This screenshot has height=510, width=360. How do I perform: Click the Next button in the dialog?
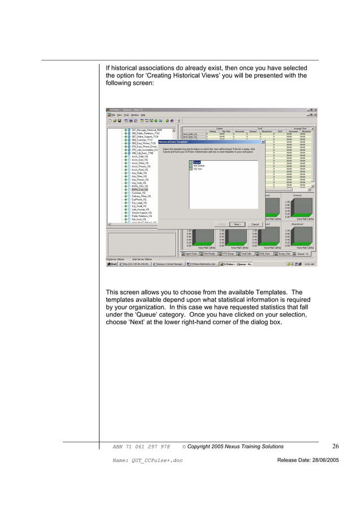click(x=238, y=224)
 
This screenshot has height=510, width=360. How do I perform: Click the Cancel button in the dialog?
click(x=254, y=224)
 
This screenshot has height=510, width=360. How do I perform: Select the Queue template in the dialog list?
click(x=197, y=162)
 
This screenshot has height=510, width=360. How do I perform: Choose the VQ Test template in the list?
click(x=198, y=169)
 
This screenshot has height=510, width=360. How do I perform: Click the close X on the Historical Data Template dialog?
click(x=263, y=142)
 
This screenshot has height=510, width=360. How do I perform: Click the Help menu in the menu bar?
click(x=144, y=115)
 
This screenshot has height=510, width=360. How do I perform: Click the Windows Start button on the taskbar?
click(x=113, y=263)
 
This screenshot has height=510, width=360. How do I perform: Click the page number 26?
click(x=335, y=447)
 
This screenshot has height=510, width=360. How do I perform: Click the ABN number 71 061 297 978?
click(x=141, y=447)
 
